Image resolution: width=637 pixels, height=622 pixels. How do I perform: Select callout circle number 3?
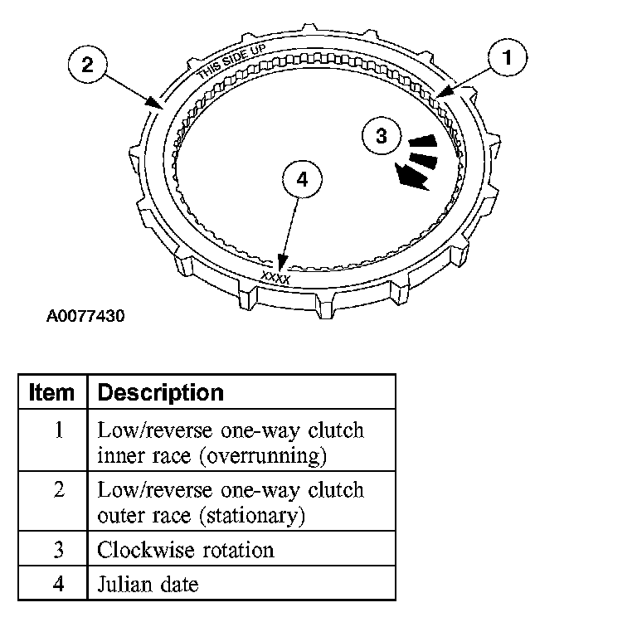[x=381, y=137]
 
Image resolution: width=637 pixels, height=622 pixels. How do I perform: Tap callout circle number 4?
[x=301, y=180]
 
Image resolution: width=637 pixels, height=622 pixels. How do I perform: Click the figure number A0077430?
[x=85, y=316]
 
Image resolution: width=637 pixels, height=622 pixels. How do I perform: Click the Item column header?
[x=51, y=392]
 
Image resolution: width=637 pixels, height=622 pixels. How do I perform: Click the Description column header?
[x=161, y=392]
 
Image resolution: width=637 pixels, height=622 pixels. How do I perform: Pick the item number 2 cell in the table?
[x=58, y=489]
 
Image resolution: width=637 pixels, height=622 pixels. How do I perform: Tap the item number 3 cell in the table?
[x=58, y=549]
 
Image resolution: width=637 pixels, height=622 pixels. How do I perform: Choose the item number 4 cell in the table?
[x=58, y=584]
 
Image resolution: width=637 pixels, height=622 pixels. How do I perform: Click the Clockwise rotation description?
[x=186, y=549]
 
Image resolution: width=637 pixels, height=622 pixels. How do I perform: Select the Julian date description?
[x=148, y=584]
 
